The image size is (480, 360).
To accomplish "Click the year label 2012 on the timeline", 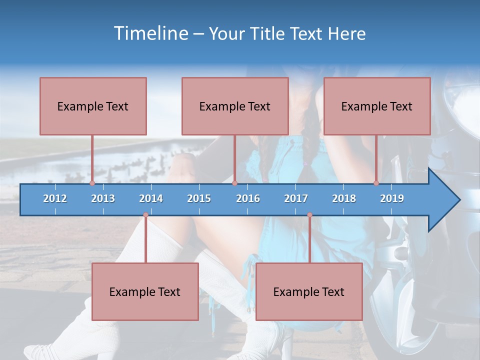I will point(55,198).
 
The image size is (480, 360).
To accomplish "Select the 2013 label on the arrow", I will point(103,198).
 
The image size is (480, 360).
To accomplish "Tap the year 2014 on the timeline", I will point(151,198).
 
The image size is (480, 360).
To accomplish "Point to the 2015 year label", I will point(199,198).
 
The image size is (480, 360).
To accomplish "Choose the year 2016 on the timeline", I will point(248,198).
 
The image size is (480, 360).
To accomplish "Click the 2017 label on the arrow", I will point(296,198).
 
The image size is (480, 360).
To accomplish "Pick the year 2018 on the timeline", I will point(344,198).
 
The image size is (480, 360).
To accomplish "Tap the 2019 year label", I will point(392,198).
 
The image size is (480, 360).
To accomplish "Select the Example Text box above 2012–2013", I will point(93,106).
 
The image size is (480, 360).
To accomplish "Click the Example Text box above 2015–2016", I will point(235,106).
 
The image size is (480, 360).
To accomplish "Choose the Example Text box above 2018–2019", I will point(377,106).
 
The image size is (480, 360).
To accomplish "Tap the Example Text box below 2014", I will point(145,291).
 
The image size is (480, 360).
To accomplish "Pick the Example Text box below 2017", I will point(309,291).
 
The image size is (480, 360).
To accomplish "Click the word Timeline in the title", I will point(149,33).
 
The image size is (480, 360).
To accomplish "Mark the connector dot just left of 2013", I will point(92,183).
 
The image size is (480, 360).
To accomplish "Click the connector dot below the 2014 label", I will point(145,215).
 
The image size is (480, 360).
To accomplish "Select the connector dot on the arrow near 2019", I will point(376,183).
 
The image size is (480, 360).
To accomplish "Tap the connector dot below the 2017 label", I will point(309,215).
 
